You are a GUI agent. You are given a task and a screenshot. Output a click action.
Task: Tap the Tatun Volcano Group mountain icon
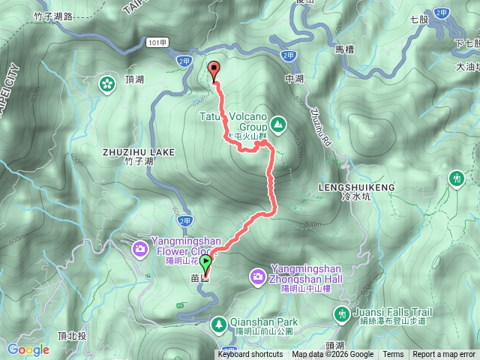pyautogui.click(x=277, y=123)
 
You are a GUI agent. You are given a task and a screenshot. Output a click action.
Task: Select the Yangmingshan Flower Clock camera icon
pyautogui.click(x=139, y=248)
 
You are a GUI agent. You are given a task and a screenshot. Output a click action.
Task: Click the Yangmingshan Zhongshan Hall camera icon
pyautogui.click(x=257, y=278)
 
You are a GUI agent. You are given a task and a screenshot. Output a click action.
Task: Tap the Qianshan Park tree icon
pyautogui.click(x=218, y=324)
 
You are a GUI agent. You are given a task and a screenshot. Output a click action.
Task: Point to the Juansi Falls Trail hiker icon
pyautogui.click(x=342, y=313)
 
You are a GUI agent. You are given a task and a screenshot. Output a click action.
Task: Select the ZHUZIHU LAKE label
pyautogui.click(x=138, y=151)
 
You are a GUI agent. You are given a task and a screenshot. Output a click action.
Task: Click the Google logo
pyautogui.click(x=28, y=349)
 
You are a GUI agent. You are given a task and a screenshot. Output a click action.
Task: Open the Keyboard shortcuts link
pyautogui.click(x=250, y=355)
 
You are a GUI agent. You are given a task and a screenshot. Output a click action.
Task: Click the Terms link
pyautogui.click(x=393, y=355)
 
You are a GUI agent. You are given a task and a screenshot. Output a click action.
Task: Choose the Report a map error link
pyautogui.click(x=444, y=355)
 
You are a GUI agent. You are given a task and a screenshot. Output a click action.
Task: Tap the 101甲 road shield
pyautogui.click(x=154, y=43)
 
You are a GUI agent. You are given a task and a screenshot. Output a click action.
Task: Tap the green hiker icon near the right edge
pyautogui.click(x=456, y=178)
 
